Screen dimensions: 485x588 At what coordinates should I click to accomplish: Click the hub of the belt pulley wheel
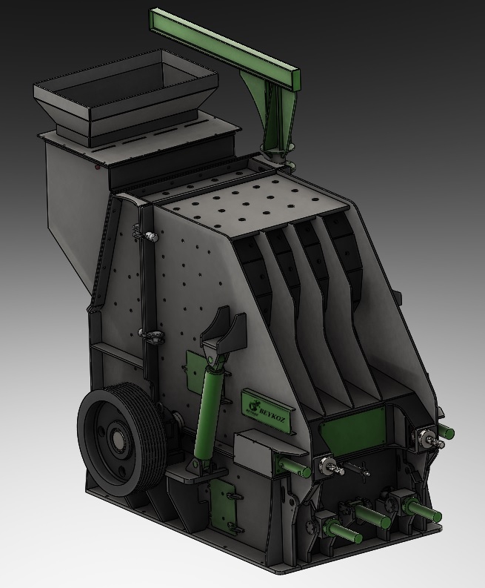pyautogui.click(x=118, y=437)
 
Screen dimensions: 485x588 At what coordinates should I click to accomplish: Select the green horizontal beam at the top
pyautogui.click(x=224, y=44)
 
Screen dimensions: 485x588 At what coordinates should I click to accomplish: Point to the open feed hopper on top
pyautogui.click(x=126, y=96)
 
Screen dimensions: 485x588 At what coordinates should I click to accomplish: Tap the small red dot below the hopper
pyautogui.click(x=98, y=167)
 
